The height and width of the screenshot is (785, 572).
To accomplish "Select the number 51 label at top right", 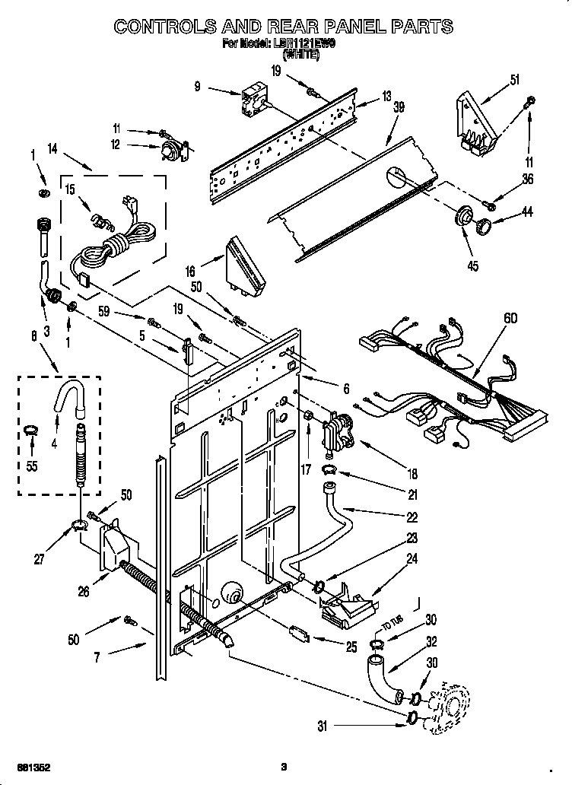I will coord(515,81).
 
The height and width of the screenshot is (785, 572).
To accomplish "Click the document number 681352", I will coord(31,765).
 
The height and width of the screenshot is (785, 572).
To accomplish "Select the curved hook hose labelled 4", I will coord(67,396).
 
